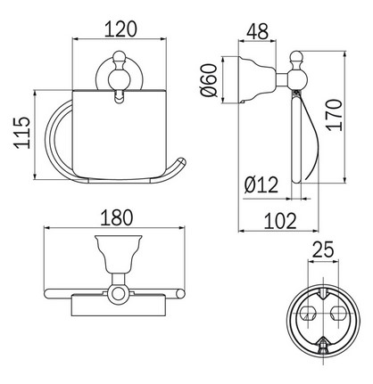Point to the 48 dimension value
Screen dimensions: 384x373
point(257,29)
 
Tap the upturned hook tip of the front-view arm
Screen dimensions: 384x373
point(181,162)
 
